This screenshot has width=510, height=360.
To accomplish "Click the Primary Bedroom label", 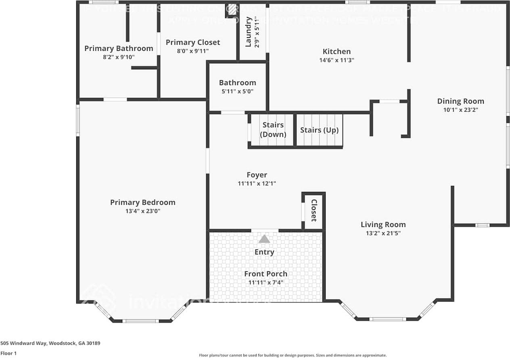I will tap(142, 202).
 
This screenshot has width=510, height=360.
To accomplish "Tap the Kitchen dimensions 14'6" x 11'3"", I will tap(337, 60).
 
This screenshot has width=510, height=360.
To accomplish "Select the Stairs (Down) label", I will tap(273, 130).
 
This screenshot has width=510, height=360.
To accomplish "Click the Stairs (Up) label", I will tap(319, 130).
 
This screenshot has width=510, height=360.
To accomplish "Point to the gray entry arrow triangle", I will tap(264, 239).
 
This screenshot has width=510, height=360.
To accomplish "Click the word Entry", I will tap(264, 252).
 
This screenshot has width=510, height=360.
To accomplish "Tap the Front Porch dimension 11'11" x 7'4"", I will tap(265, 282).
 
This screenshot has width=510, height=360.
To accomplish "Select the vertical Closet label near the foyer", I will tap(314, 210).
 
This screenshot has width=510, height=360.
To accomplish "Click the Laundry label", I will tap(249, 31).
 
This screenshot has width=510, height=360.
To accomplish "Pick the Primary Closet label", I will tap(193, 42).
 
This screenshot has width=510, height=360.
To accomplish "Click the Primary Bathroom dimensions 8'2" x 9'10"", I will tap(119, 57).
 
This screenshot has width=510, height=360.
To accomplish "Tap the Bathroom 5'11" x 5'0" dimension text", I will tap(237, 91).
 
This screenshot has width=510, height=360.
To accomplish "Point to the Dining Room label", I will tap(460, 101).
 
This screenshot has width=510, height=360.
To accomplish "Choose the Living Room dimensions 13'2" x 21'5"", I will tap(383, 233).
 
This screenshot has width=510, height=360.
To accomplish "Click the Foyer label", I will tap(257, 175).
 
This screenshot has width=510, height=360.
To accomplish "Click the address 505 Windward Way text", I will tap(50, 343).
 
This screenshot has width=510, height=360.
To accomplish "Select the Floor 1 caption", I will tap(8, 353).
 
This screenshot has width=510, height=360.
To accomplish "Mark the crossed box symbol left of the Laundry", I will tap(232, 10).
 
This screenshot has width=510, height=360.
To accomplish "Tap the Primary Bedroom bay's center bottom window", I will tap(141, 321).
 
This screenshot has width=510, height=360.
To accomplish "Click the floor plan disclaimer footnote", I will tap(293, 355).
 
